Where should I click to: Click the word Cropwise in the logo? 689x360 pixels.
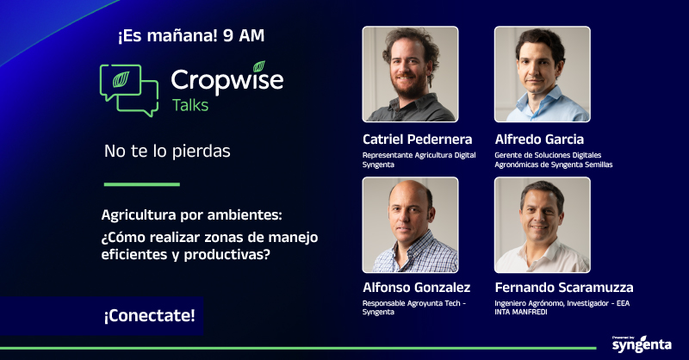227,80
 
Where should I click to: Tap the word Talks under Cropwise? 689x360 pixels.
189,106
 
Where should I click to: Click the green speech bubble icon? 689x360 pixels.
129,90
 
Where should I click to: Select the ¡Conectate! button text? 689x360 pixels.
149,316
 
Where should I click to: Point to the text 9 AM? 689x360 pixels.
243,36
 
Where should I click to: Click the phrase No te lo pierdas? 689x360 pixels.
167,152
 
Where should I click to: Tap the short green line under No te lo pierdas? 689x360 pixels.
141,183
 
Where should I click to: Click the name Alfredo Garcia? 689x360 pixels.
539,139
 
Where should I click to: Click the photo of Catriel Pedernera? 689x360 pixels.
410,74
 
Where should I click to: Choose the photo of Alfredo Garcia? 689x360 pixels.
542,74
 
